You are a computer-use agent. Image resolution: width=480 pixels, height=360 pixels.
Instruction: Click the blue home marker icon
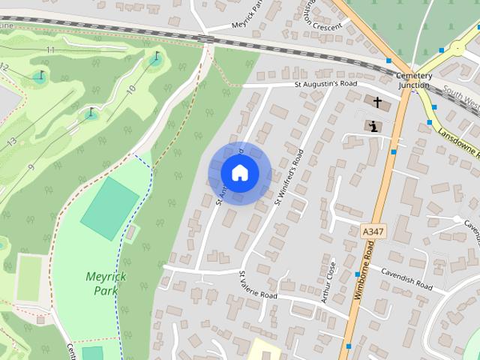click(x=239, y=173)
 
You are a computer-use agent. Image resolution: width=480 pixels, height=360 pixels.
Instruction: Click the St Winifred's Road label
click(x=289, y=169)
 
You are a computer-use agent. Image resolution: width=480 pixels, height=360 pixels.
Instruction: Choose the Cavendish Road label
click(x=406, y=278)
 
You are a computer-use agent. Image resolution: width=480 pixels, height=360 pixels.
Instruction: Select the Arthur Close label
click(x=328, y=282)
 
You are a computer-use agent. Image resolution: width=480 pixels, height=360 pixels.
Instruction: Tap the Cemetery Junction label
click(x=414, y=80)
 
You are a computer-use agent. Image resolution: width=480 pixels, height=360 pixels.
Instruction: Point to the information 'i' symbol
click(x=373, y=126)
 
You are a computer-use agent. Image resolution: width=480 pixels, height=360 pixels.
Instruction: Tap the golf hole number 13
click(x=10, y=142)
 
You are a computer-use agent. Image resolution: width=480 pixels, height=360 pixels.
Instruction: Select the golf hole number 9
click(x=30, y=167)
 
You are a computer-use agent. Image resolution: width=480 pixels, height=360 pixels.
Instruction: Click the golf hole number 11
click(x=50, y=50)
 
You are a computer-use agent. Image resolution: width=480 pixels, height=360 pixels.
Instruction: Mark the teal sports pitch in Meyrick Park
click(x=110, y=208)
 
